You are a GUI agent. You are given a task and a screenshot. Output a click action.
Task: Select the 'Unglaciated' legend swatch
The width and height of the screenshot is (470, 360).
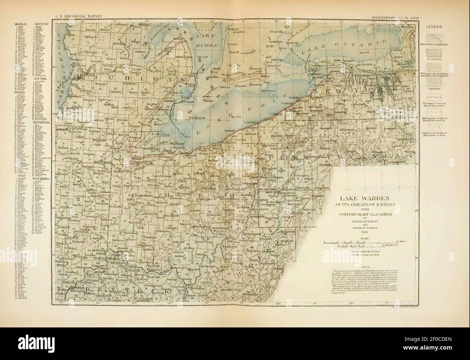434,87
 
